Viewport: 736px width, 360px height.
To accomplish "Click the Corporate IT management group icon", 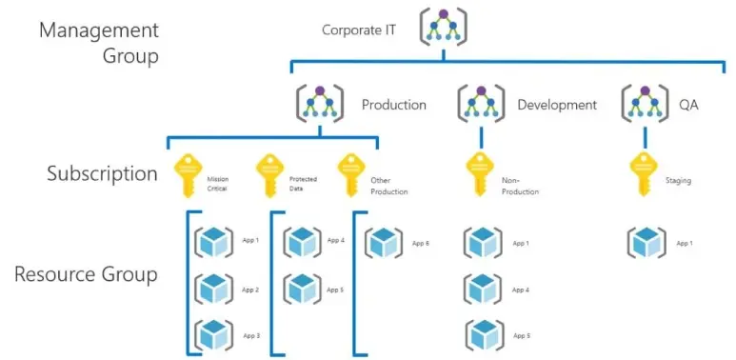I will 442,30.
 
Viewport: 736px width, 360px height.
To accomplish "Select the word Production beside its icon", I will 394,105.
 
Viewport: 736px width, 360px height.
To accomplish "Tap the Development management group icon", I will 480,104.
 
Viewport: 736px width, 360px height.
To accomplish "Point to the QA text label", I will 687,105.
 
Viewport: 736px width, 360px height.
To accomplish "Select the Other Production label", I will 388,186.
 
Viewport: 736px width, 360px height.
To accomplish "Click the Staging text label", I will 679,179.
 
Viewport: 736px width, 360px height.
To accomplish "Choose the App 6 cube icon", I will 385,243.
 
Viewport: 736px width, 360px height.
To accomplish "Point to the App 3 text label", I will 251,335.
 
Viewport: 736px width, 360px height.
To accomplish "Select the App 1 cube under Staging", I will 646,243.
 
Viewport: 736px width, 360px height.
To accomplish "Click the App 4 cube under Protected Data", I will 302,242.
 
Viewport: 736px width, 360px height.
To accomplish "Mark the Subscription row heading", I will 102,173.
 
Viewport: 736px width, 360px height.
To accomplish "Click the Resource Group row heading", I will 86,275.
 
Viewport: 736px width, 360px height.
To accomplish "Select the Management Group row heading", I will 99,42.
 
